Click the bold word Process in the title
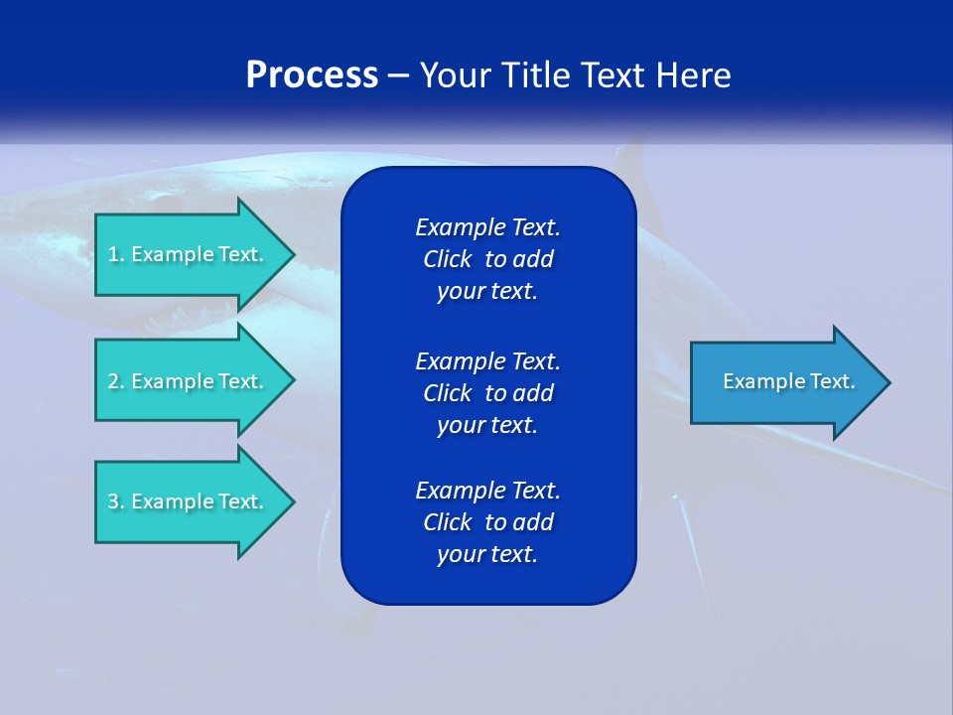tap(312, 75)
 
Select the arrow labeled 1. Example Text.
tap(189, 254)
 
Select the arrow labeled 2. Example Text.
tap(189, 381)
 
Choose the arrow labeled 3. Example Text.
tap(189, 501)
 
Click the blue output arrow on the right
tap(784, 382)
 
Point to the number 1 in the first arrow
tap(113, 254)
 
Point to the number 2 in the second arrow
tap(113, 381)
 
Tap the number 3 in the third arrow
tap(113, 501)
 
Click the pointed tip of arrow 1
tap(291, 254)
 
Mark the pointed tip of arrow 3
tap(291, 501)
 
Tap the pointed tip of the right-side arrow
tap(887, 382)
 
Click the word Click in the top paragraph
tap(448, 259)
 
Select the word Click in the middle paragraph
tap(448, 393)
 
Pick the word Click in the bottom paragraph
tap(448, 522)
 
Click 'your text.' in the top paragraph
tap(487, 292)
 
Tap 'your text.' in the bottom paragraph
tap(487, 555)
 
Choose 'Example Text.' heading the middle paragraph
tap(487, 360)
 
